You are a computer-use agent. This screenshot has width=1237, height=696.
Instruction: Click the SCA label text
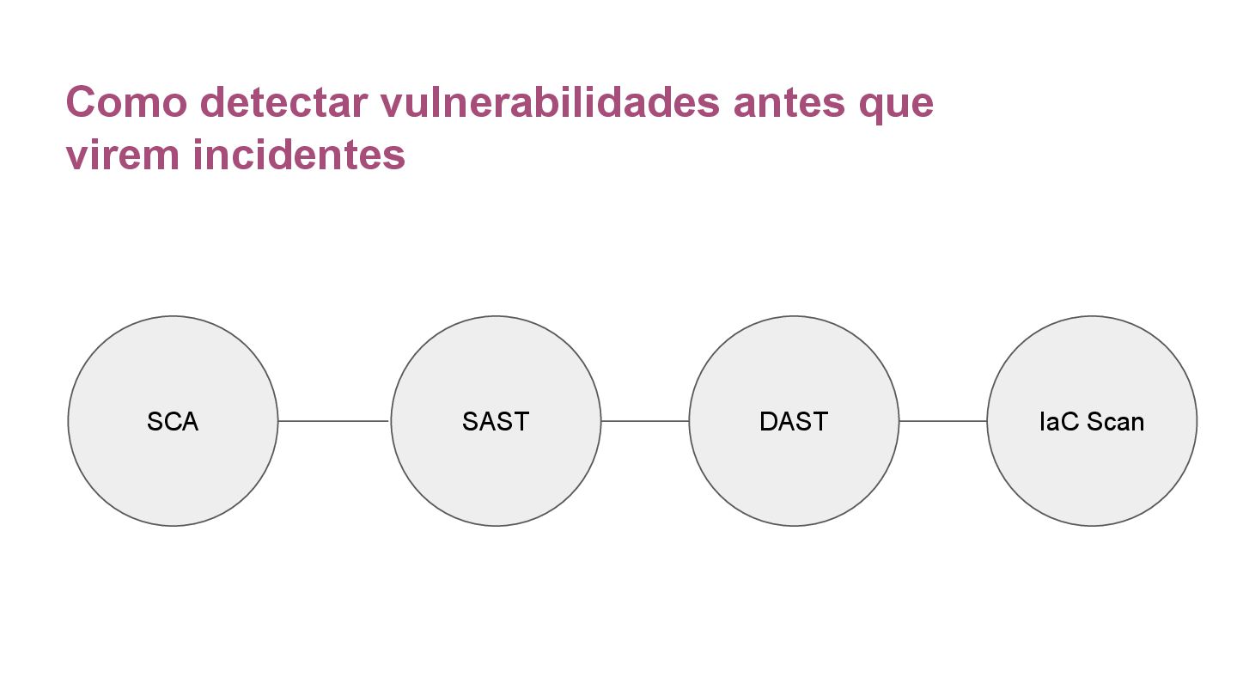(x=173, y=422)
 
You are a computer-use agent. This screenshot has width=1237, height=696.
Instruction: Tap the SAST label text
(x=496, y=422)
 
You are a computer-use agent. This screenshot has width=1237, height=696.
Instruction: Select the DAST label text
(x=794, y=422)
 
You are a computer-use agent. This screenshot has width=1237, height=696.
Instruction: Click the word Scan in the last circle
(x=1115, y=422)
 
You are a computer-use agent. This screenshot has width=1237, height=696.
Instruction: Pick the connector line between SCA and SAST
(x=334, y=421)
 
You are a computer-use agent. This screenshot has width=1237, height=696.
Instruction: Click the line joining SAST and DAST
(x=645, y=421)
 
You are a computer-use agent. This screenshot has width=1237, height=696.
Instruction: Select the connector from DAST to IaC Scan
(x=943, y=421)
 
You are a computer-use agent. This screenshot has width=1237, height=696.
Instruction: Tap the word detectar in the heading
(x=283, y=102)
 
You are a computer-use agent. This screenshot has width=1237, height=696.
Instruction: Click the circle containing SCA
(x=173, y=473)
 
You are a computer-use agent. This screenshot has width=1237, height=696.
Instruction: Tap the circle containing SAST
(x=496, y=473)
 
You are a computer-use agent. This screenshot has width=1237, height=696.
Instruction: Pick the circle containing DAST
(x=794, y=473)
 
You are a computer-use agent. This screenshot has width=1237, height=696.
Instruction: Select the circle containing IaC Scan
(x=1092, y=473)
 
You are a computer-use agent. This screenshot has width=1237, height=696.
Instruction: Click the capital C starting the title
(x=79, y=102)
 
